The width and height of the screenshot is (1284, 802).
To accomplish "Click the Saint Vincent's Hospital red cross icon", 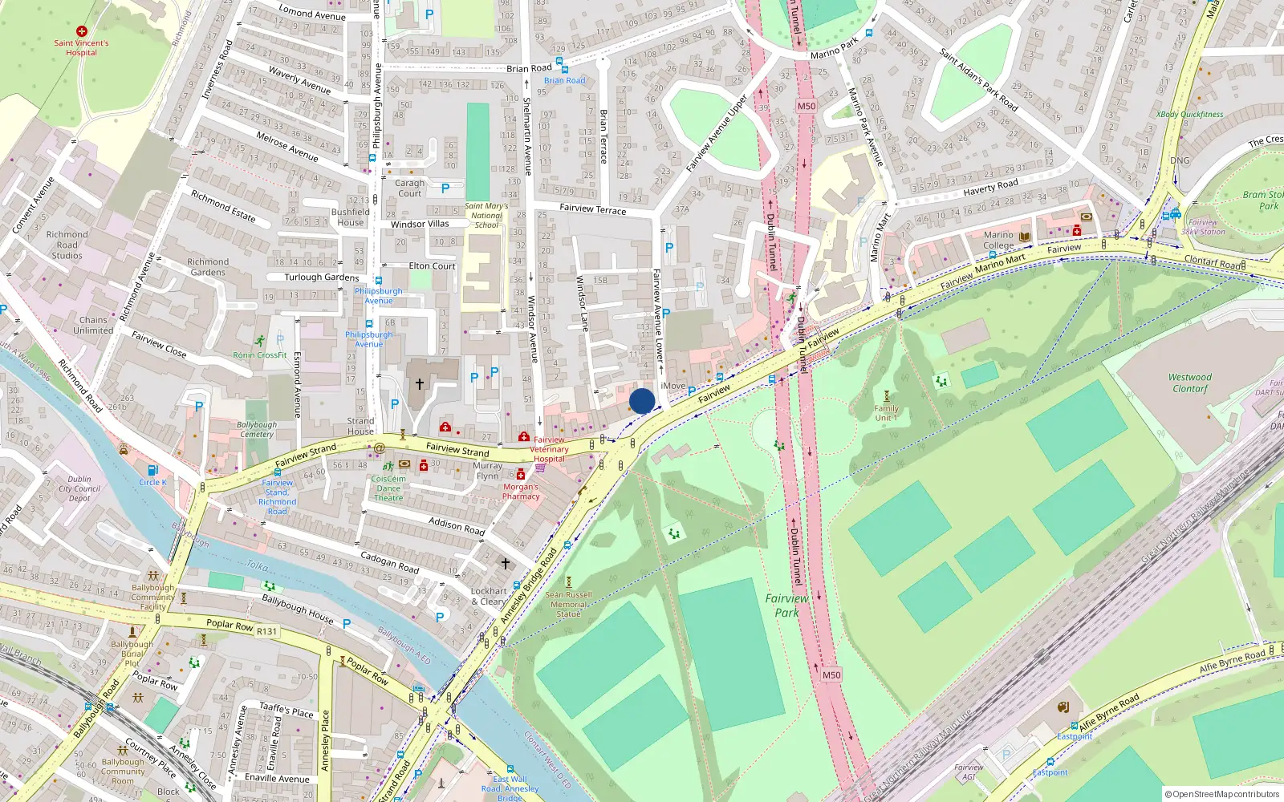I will point(81,31).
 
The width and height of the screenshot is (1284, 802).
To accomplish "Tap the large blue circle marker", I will point(642,401).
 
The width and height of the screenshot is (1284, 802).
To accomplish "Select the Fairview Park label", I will point(786,606).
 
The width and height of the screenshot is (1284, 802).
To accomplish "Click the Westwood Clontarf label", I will point(1189,383).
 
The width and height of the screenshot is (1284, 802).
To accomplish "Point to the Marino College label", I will point(998,241).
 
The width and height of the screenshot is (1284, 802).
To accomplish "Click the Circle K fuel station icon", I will point(152,470).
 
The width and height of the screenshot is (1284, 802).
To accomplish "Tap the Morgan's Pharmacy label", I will point(521,492).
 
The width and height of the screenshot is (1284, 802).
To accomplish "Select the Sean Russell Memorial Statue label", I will point(568,604).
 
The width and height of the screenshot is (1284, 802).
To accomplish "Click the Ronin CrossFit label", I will point(259,354).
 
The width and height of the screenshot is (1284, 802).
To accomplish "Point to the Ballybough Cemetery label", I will point(257,429).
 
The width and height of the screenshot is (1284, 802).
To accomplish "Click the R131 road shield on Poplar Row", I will point(266,631).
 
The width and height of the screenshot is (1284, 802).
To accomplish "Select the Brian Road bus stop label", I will point(564,80).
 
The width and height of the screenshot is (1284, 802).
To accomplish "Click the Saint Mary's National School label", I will point(486,216).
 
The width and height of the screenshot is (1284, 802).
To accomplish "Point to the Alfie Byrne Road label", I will point(1109,714).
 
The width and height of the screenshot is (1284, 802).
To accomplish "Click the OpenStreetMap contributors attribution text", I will point(1222,794).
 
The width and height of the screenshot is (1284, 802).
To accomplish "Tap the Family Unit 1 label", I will point(886,413).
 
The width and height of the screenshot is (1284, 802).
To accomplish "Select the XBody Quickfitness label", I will point(1189,114).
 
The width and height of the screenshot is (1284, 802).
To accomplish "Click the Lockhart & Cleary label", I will point(489,596).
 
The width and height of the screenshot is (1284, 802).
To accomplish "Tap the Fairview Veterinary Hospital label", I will point(550,449).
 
